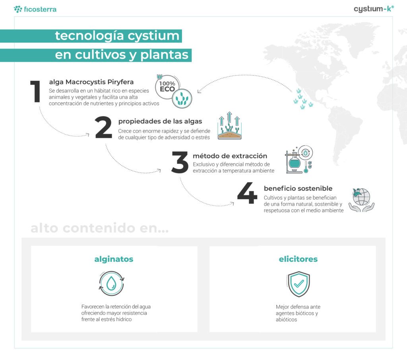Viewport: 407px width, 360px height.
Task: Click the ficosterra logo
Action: click(x=35, y=9)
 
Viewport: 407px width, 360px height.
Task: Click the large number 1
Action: click(x=36, y=91)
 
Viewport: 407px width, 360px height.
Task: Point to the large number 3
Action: click(x=180, y=162)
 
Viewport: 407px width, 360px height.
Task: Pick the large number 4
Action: click(x=247, y=194)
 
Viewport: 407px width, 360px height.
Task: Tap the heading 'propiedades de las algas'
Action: click(x=160, y=121)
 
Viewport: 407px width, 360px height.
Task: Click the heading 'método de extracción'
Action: click(x=230, y=156)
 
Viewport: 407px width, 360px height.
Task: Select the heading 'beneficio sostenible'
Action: click(x=298, y=188)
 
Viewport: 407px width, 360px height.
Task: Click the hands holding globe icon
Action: click(x=361, y=200)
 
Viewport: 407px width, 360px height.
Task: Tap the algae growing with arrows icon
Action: click(x=230, y=127)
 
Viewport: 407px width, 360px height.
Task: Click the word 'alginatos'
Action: click(x=114, y=259)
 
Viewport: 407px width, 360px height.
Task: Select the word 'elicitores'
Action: click(x=298, y=259)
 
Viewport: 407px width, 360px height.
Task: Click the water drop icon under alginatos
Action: click(x=112, y=283)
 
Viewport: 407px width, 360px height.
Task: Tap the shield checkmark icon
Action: click(x=298, y=284)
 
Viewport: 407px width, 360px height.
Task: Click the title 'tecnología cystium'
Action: click(x=117, y=36)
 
